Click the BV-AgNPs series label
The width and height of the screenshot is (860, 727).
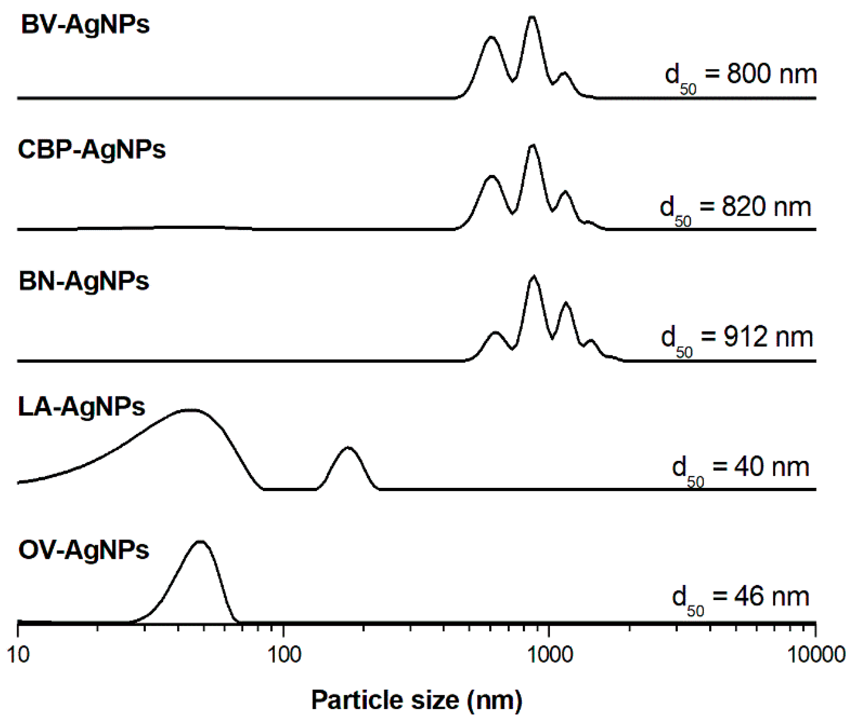[85, 25]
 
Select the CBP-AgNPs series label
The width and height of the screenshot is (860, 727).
[92, 149]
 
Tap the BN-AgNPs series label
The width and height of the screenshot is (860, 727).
[84, 282]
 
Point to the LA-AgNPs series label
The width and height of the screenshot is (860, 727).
[82, 407]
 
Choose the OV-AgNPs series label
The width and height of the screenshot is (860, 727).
[84, 550]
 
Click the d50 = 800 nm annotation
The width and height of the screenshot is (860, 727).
[740, 76]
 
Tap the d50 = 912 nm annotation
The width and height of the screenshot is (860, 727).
[737, 339]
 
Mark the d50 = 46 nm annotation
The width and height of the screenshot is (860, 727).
[740, 599]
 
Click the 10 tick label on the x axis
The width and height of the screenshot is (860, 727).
[18, 654]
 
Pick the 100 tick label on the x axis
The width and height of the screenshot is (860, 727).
[284, 654]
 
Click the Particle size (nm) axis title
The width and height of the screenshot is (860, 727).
[417, 700]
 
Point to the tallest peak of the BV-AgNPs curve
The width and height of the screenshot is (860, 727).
[532, 17]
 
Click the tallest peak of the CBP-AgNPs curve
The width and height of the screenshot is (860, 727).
[533, 146]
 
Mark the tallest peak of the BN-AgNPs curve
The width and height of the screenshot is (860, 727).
[534, 276]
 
